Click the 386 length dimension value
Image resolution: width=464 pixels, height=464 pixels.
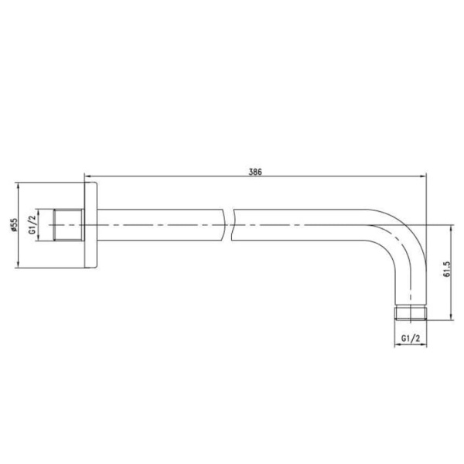click(255, 172)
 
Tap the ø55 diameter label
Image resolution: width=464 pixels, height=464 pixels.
click(14, 225)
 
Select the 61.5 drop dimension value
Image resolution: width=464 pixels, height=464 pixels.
click(446, 269)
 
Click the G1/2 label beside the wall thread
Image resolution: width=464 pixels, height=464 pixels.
click(32, 224)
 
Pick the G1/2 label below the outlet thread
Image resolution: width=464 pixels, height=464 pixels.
click(411, 338)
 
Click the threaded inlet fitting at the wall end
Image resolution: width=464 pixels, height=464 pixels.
click(69, 224)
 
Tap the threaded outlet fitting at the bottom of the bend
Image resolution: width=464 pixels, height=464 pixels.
click(411, 313)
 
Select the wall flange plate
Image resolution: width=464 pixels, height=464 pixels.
click(90, 225)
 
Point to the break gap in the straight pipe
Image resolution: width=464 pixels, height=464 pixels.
click(228, 225)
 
